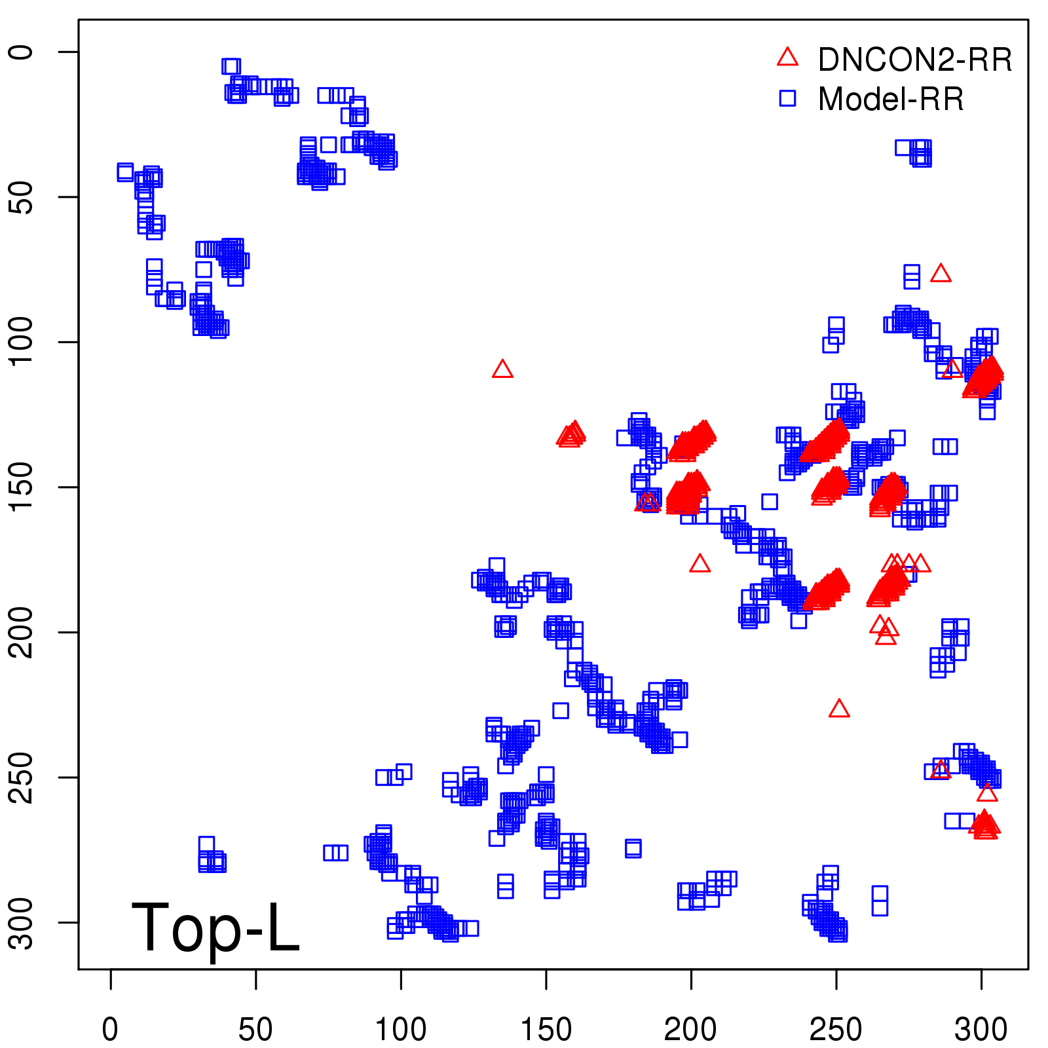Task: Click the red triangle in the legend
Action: coord(787,58)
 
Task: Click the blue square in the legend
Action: coord(787,98)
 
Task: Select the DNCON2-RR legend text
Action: coord(915,60)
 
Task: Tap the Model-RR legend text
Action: coord(891,100)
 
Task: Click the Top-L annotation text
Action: coord(215,927)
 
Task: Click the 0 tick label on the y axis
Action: coord(22,52)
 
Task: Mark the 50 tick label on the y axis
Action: coord(22,196)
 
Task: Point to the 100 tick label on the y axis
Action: coord(22,342)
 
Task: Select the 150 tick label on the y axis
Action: coord(22,487)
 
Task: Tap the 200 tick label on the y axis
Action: coord(22,632)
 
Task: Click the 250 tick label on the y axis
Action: coord(22,777)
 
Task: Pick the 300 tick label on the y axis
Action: coord(22,922)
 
